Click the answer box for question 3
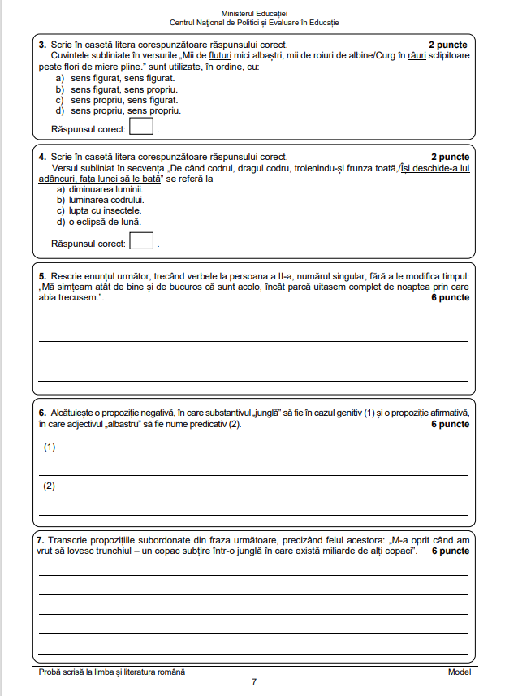click(141, 128)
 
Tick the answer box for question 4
click(141, 241)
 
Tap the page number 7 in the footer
click(253, 682)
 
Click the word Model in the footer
click(459, 672)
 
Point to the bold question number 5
click(42, 276)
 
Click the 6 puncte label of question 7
click(450, 551)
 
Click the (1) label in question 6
click(49, 447)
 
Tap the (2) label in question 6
click(49, 486)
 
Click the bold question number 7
click(41, 540)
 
